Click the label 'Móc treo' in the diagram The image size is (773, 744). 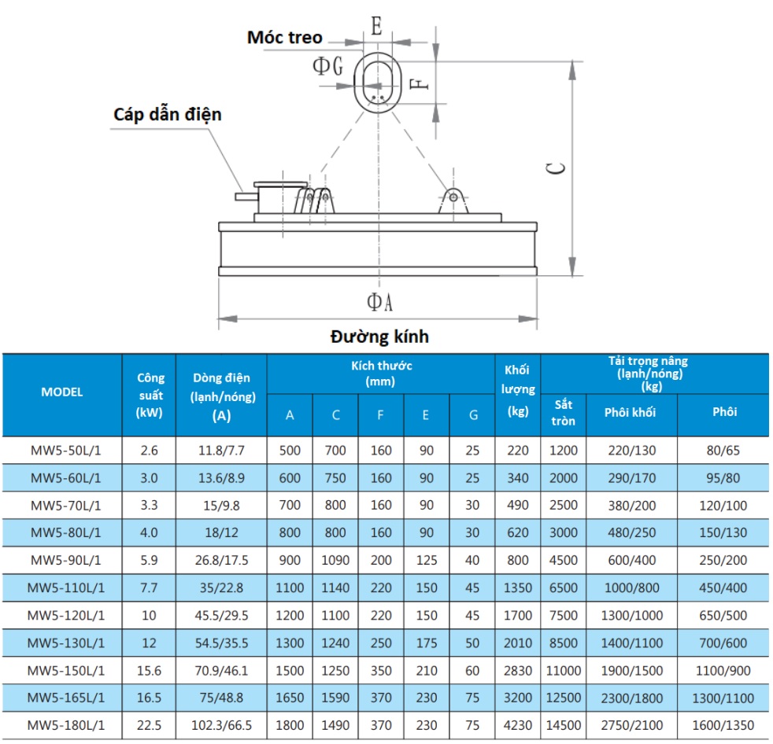point(284,38)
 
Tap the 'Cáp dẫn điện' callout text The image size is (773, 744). point(168,115)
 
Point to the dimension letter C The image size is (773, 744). point(556,168)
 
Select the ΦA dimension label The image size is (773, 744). point(379,302)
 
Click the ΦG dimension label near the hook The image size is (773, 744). point(327,65)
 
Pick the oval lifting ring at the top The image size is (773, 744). point(355,83)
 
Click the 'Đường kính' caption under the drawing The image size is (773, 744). point(379,337)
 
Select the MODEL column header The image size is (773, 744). point(62,392)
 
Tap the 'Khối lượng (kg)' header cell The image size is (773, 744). point(518,390)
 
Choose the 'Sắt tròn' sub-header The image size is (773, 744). point(563,413)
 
